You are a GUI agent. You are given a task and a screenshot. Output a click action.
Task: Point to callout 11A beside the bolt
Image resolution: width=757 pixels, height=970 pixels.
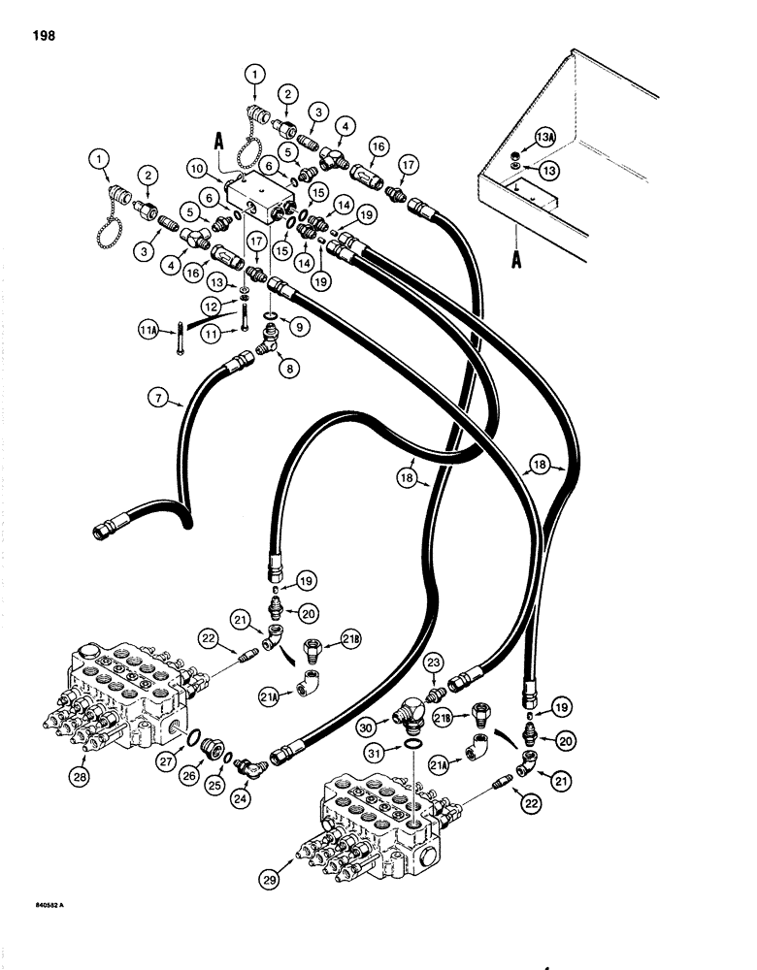[147, 331]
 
